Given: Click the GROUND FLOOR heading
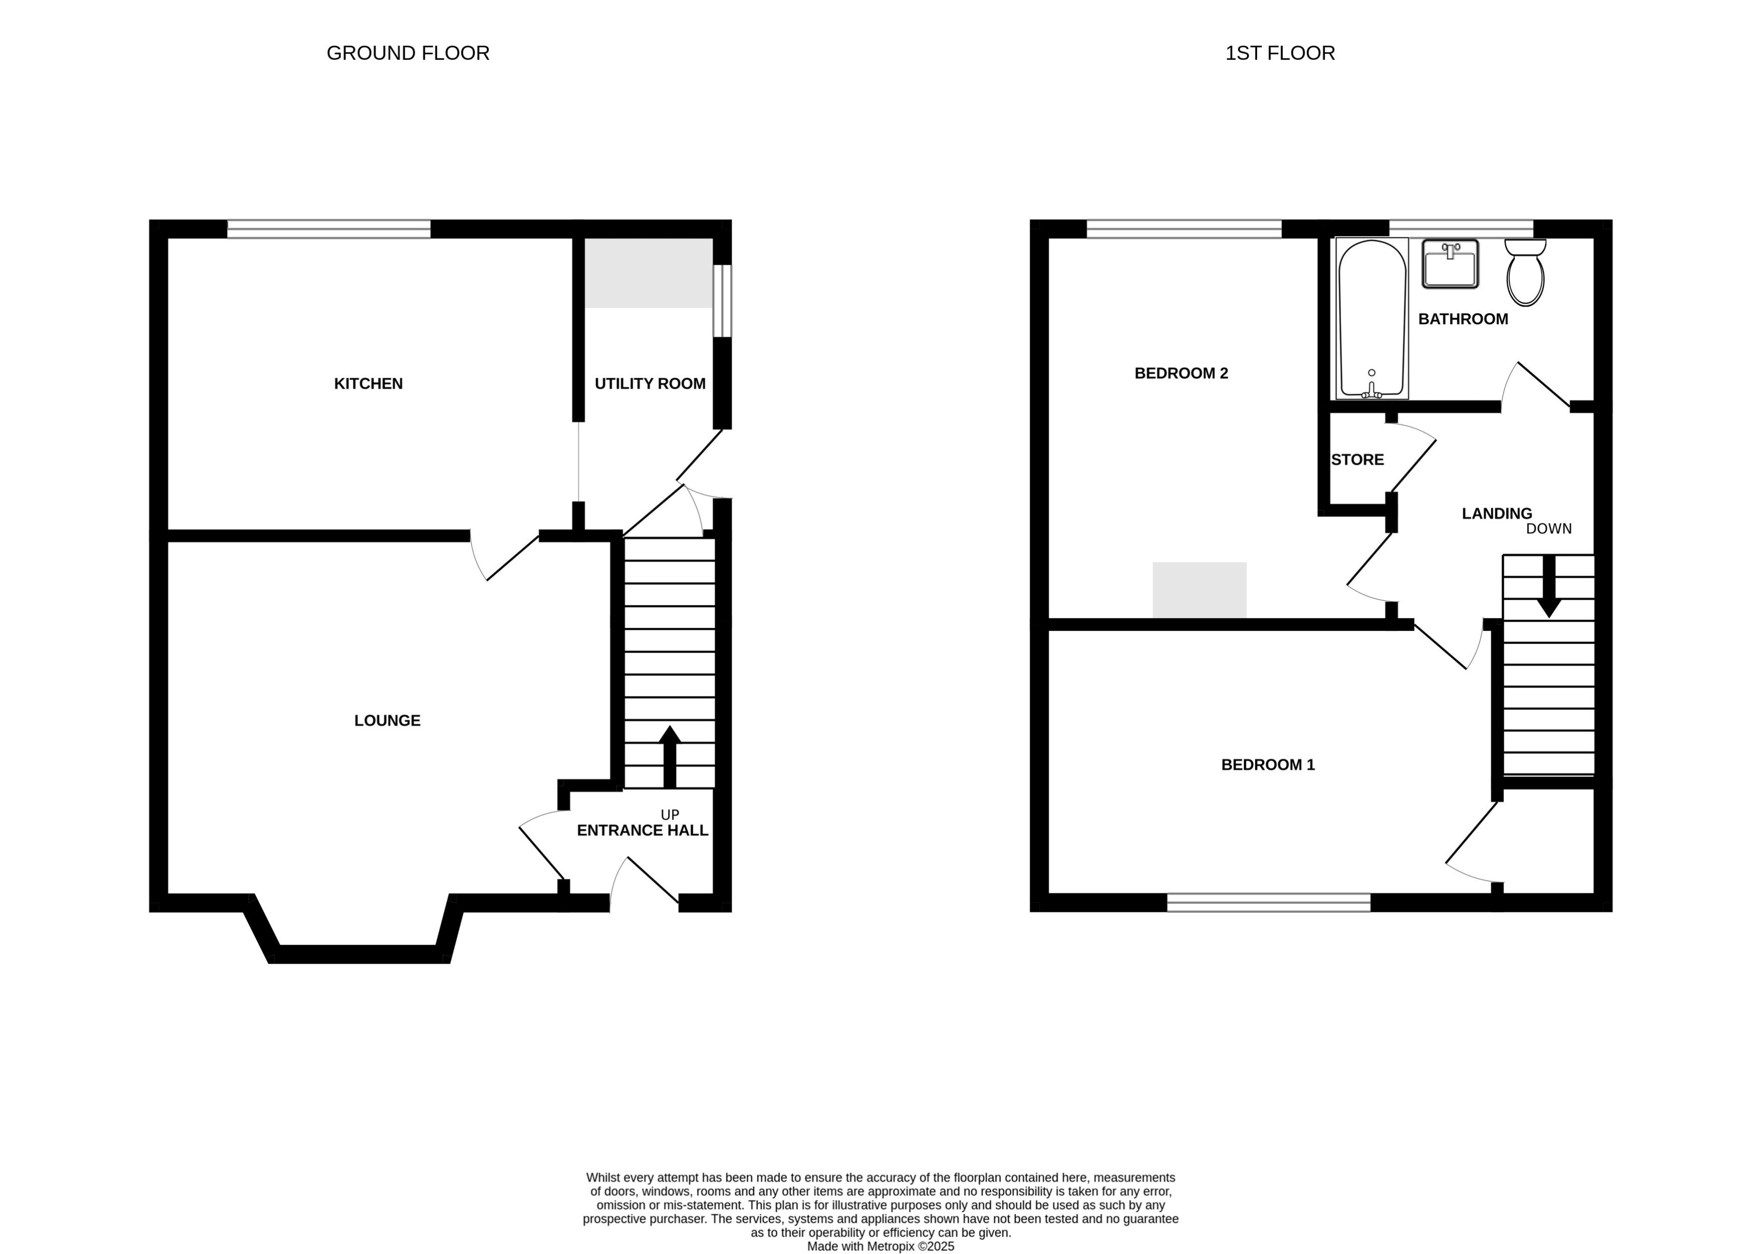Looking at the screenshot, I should (x=408, y=53).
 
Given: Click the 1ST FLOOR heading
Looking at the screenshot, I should (x=1279, y=53).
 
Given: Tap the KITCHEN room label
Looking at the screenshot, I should (x=369, y=384).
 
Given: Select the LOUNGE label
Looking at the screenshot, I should (x=387, y=720).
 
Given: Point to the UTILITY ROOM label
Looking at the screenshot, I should (x=649, y=384).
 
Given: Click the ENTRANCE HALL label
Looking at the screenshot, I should (x=642, y=831).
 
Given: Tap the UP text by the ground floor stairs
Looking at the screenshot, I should (x=670, y=815).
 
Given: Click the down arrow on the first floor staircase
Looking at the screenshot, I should (x=1548, y=587).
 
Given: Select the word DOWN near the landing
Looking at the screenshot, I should (x=1548, y=529).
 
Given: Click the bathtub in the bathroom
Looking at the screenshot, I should (x=1371, y=318).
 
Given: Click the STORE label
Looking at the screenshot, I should (x=1357, y=460).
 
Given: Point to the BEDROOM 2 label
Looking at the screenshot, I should (x=1181, y=374).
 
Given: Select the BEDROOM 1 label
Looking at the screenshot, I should (x=1267, y=765).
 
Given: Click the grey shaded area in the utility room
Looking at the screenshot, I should (x=648, y=272).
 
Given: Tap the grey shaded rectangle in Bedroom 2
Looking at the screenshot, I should (x=1199, y=590).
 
